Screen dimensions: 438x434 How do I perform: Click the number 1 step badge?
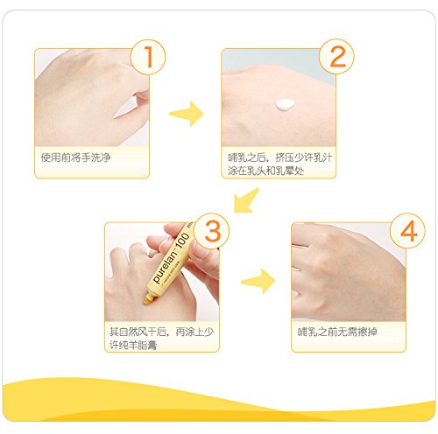[148, 57]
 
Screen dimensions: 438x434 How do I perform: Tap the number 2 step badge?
[336, 57]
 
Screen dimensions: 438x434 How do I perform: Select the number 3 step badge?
[212, 231]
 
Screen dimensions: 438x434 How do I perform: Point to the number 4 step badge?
[408, 231]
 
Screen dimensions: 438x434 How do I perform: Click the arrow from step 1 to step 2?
[187, 114]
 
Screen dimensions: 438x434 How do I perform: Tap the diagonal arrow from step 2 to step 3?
[245, 200]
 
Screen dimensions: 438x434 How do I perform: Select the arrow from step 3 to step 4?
[258, 281]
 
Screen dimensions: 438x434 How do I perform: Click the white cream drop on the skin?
[285, 104]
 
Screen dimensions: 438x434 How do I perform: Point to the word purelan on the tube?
[166, 268]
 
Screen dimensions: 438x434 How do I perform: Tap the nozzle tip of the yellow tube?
[146, 300]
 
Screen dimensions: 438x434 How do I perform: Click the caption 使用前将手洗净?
[76, 157]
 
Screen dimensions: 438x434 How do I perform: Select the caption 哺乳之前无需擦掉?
[337, 332]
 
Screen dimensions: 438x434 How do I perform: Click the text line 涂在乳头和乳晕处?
[266, 171]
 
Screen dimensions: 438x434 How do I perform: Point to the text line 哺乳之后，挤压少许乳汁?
[280, 157]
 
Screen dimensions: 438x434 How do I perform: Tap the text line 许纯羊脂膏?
[133, 345]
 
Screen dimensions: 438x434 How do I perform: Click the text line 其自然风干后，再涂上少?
[162, 332]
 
